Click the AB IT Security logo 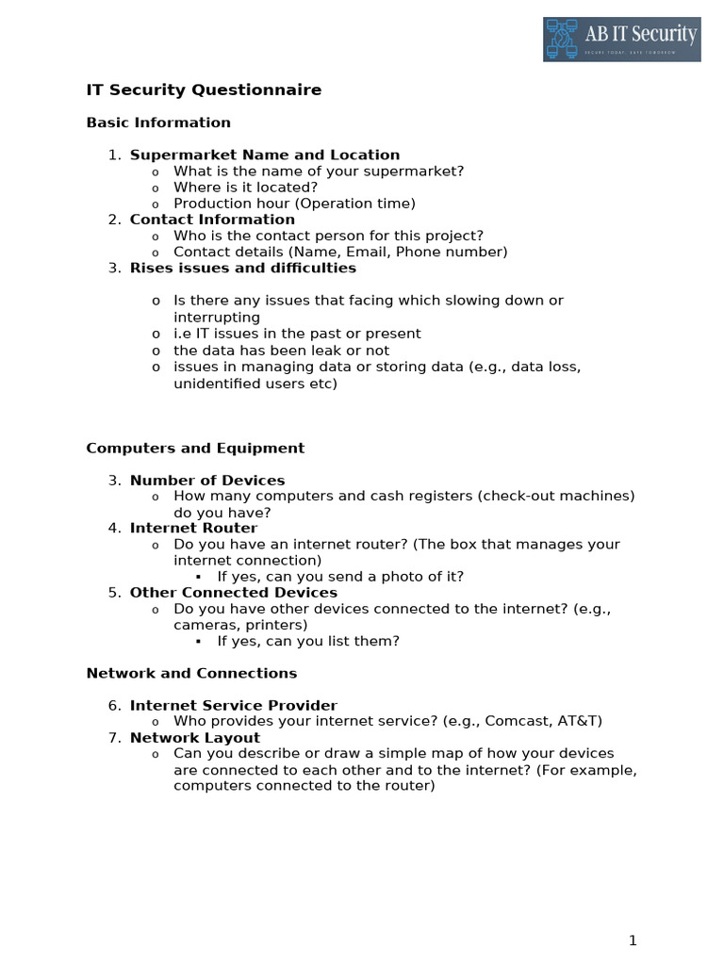click(621, 39)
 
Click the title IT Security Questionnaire click(204, 90)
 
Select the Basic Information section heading click(158, 123)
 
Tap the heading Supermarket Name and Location click(264, 155)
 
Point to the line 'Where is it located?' click(245, 187)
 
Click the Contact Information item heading click(212, 220)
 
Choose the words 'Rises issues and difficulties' click(242, 268)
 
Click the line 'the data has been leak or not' click(281, 351)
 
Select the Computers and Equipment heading click(195, 449)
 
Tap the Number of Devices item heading click(206, 481)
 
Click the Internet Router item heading click(193, 528)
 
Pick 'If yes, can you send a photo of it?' click(340, 577)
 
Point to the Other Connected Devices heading click(233, 593)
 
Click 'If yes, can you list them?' click(308, 641)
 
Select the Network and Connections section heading click(191, 673)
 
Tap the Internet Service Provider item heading click(233, 705)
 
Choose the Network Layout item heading click(194, 737)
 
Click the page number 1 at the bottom click(633, 940)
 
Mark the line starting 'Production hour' click(294, 204)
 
